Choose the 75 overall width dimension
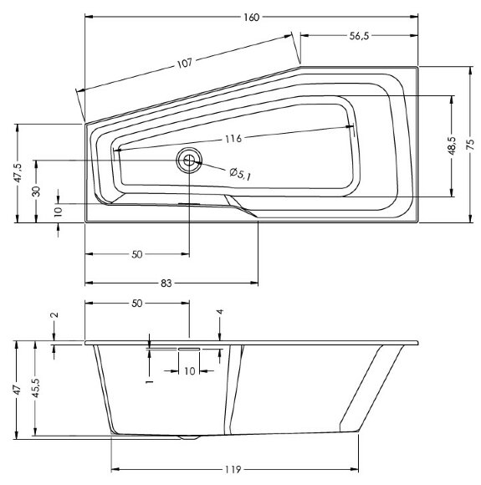pos(473,146)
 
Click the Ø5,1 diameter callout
pos(240,173)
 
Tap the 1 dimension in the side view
pos(148,380)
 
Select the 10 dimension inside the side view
pos(189,370)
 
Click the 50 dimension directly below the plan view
pos(137,255)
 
